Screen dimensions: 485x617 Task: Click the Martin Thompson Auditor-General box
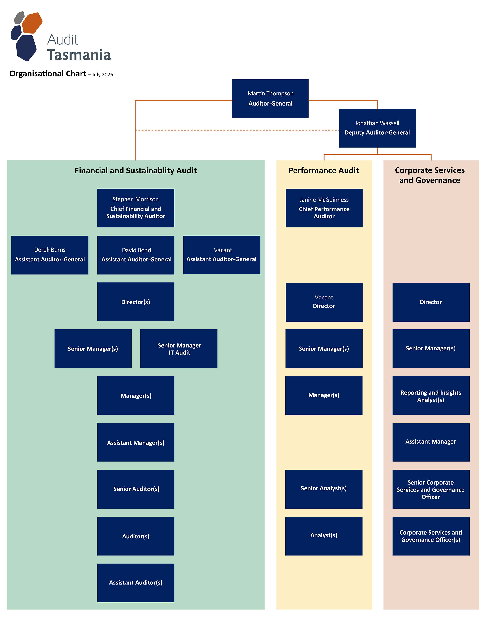point(270,98)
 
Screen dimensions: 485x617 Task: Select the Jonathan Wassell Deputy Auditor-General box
point(377,128)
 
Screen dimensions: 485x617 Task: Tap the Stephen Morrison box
point(136,208)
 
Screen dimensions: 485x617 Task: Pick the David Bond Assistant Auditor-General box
point(136,255)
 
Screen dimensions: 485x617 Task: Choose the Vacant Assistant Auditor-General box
point(222,255)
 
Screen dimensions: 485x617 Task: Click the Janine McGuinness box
point(324,208)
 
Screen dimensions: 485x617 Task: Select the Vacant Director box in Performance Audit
point(324,302)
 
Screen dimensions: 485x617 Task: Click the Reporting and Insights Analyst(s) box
point(431,395)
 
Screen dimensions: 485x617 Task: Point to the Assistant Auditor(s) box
point(136,583)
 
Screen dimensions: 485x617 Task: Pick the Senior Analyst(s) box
point(324,489)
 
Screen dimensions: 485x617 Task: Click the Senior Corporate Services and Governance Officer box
point(431,489)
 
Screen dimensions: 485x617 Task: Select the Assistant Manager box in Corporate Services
point(431,442)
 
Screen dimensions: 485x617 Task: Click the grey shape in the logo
point(19,18)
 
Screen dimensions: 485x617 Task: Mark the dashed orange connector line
point(237,130)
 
